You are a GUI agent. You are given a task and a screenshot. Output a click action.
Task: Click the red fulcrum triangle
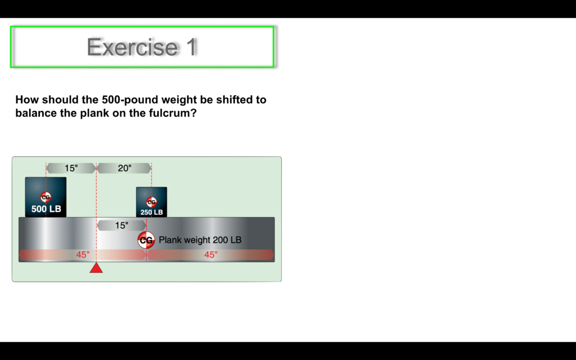point(96,268)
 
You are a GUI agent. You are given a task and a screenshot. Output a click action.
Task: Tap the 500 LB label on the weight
point(46,209)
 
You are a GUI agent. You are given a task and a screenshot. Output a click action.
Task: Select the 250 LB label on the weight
point(151,212)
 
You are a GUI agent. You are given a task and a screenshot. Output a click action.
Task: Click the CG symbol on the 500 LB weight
point(46,197)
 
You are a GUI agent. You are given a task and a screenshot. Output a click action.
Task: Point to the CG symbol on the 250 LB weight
point(151,202)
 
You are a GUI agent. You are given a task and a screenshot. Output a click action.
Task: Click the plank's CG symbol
point(146,240)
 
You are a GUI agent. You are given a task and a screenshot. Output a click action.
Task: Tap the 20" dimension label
point(124,168)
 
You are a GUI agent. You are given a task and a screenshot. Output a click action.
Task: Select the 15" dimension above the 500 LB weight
point(71,168)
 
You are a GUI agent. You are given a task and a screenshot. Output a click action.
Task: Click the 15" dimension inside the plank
point(121,225)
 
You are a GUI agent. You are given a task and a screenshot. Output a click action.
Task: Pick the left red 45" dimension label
point(83,255)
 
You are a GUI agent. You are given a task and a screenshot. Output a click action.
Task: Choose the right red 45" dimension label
point(211,255)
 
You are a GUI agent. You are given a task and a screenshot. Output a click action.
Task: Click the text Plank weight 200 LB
point(200,240)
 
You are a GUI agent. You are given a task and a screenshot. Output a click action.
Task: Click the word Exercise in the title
point(132,47)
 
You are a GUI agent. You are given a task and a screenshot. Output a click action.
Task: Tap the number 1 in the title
point(192,47)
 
